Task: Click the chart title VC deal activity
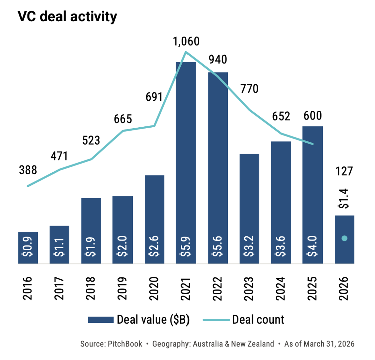click(67, 17)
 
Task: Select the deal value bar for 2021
click(186, 163)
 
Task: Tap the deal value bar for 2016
click(28, 248)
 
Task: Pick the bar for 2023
click(249, 209)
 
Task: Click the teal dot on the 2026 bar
click(344, 238)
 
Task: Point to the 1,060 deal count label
click(186, 42)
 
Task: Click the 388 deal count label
click(28, 170)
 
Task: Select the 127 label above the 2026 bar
click(344, 171)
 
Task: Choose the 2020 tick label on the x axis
click(154, 289)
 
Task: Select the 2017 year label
click(59, 289)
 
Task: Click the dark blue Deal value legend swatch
click(101, 320)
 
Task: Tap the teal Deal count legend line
click(216, 320)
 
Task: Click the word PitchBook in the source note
click(125, 344)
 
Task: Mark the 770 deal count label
click(249, 89)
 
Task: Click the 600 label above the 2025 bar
click(312, 116)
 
